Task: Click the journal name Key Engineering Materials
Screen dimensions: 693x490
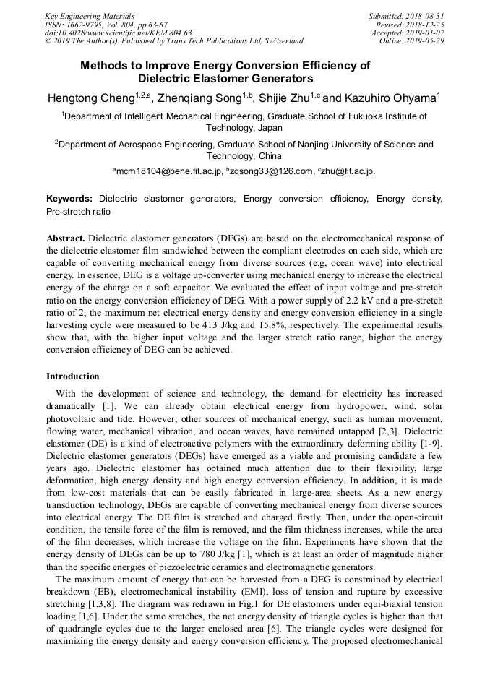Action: pyautogui.click(x=90, y=15)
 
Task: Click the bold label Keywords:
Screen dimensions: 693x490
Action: pyautogui.click(x=69, y=199)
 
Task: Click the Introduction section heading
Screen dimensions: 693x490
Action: pyautogui.click(x=73, y=376)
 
